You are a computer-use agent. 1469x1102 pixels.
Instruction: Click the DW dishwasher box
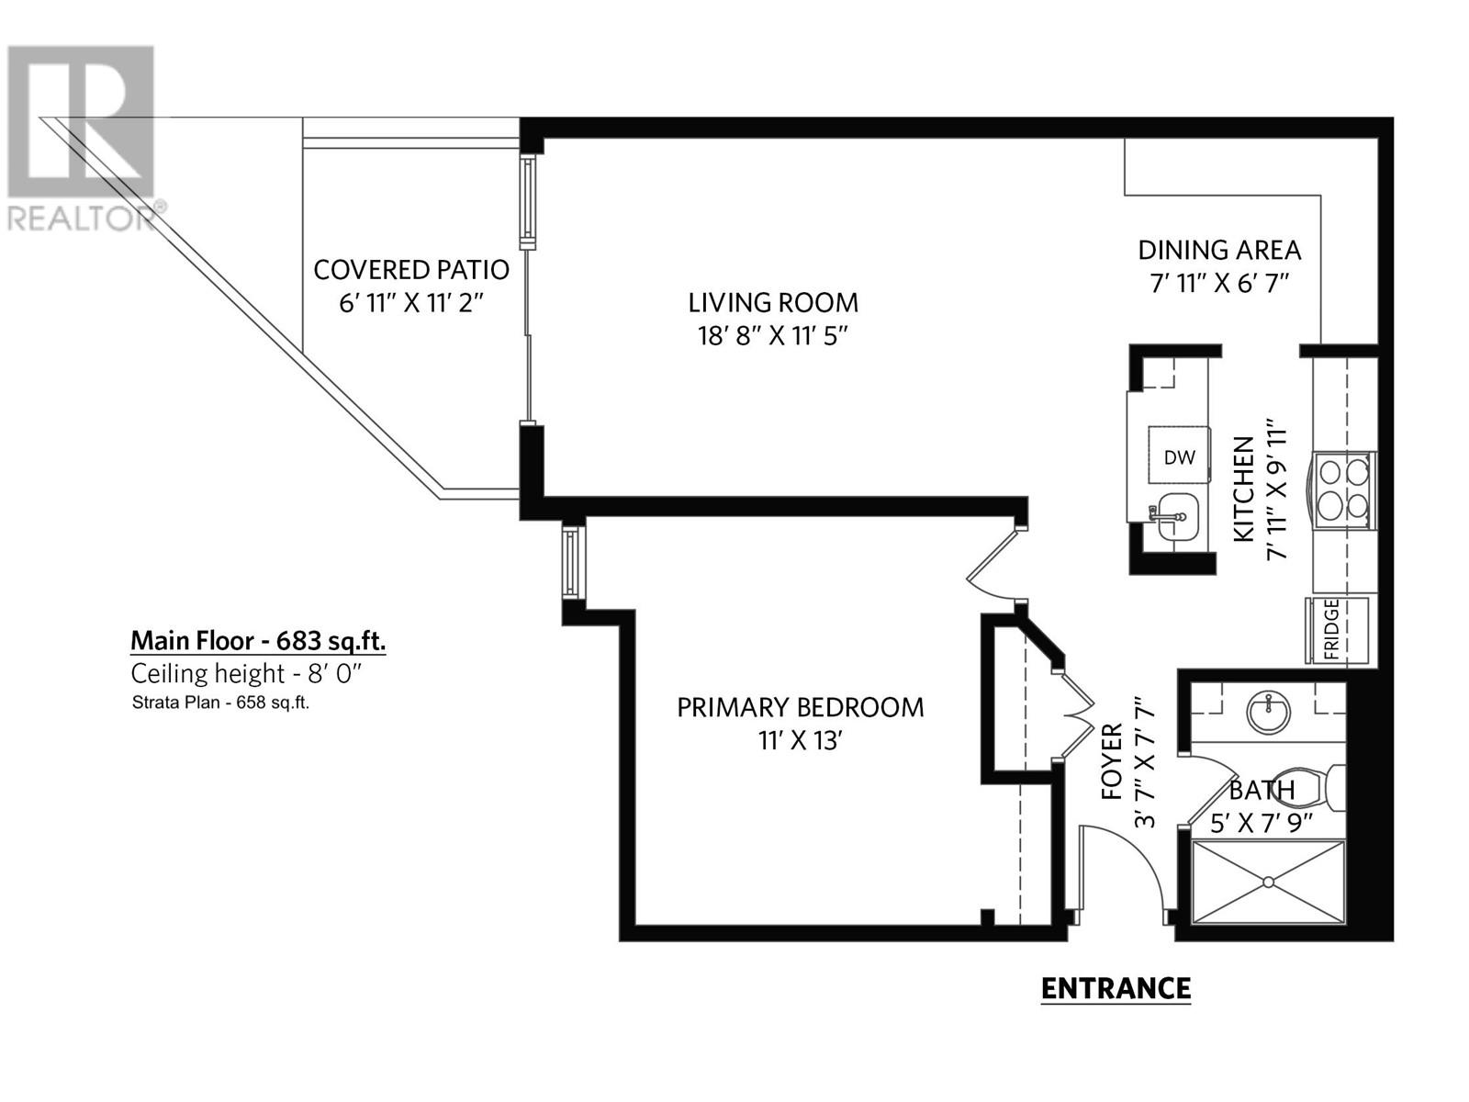[x=1179, y=456]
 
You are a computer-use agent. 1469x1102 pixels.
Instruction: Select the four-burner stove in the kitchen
[x=1344, y=489]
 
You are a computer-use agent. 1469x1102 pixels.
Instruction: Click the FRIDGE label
[x=1331, y=630]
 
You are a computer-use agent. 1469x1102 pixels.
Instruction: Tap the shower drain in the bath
[x=1268, y=882]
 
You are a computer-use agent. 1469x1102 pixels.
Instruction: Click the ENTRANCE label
[x=1116, y=988]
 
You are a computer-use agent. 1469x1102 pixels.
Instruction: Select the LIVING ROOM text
[x=773, y=302]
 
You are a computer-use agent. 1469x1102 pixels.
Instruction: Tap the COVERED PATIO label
[x=410, y=270]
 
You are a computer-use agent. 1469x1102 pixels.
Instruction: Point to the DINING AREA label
[x=1218, y=250]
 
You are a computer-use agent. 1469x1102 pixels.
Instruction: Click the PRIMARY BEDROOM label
[x=800, y=707]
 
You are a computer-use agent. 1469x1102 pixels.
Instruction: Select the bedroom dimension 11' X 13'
[x=800, y=740]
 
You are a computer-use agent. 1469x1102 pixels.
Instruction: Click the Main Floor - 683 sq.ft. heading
[x=258, y=640]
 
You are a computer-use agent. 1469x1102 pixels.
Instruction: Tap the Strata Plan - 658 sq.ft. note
[x=220, y=704]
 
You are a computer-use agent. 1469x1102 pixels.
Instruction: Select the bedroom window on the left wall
[x=572, y=562]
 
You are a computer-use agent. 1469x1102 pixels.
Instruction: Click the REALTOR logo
[x=80, y=138]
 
